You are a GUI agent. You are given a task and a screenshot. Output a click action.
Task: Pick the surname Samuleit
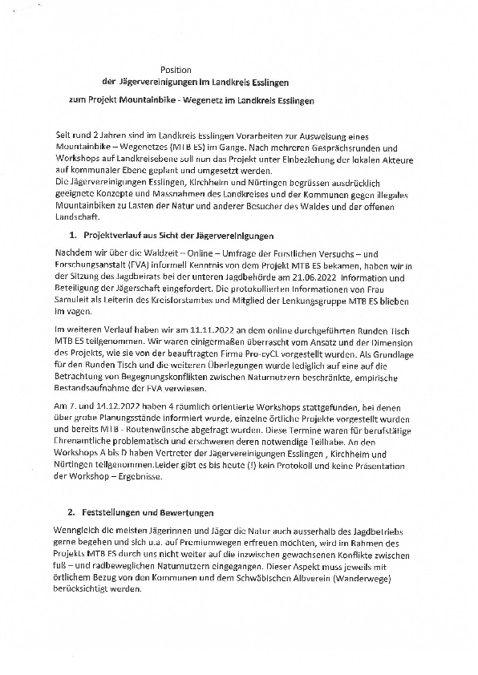(71, 299)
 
